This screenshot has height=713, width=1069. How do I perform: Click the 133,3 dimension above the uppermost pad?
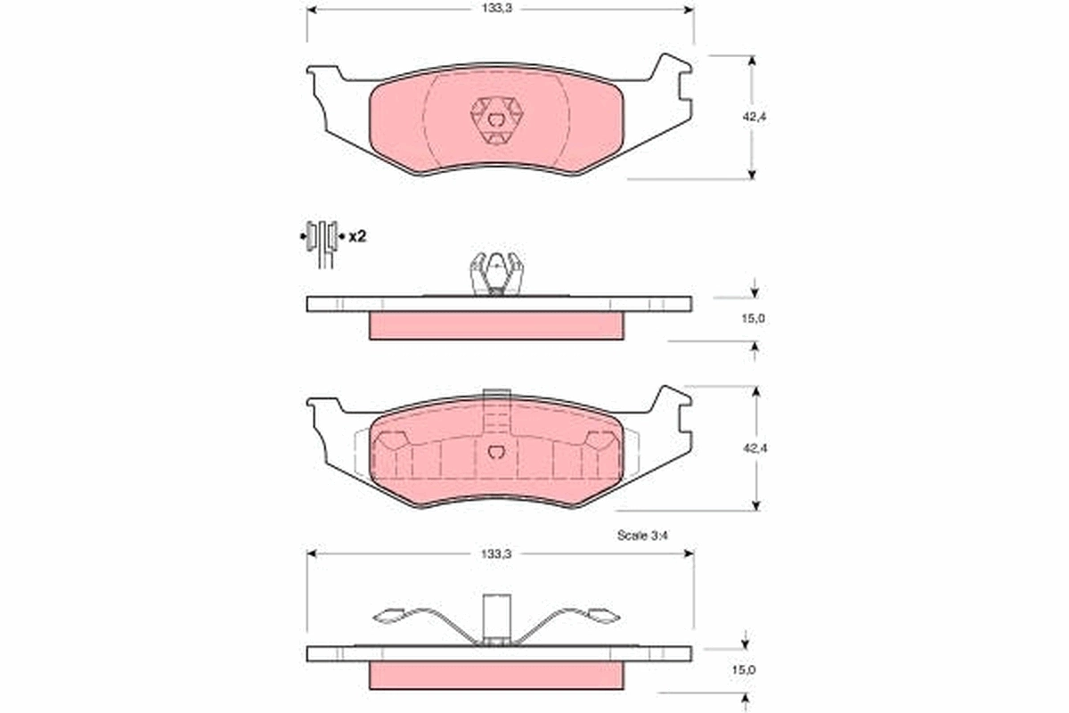click(x=497, y=7)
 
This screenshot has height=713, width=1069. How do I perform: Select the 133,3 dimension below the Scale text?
click(x=497, y=553)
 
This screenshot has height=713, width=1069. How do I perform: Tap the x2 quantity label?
click(x=357, y=237)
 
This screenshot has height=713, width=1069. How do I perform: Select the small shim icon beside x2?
click(x=321, y=236)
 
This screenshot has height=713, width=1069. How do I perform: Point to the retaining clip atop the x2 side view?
click(x=495, y=272)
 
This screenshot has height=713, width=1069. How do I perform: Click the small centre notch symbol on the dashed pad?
click(x=497, y=451)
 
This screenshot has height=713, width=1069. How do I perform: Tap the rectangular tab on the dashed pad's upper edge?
click(x=495, y=396)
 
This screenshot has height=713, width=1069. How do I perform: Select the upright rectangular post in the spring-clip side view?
click(x=495, y=615)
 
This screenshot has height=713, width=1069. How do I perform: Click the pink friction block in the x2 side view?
click(x=496, y=325)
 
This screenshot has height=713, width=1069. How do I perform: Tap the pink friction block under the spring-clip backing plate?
click(x=496, y=676)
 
